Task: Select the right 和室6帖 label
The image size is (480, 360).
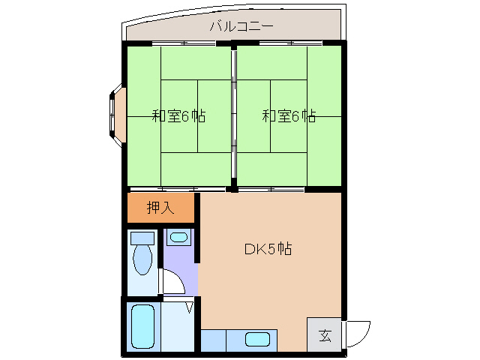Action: tap(289, 116)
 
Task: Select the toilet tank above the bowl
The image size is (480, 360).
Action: tap(142, 238)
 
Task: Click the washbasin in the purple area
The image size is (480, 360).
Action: tap(178, 238)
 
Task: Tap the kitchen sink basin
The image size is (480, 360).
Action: tap(257, 339)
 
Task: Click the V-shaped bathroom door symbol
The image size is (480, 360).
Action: tap(189, 306)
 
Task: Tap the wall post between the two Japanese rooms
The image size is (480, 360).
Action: tap(234, 117)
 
